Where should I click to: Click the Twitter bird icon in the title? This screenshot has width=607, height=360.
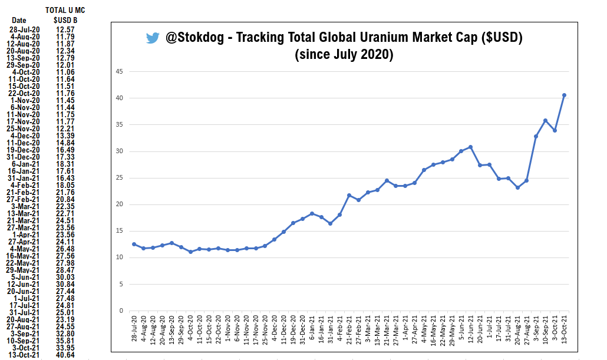[153, 38]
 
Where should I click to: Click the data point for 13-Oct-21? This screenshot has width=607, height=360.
[564, 95]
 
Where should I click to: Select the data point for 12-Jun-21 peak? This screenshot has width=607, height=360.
[470, 147]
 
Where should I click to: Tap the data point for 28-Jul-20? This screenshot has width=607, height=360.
[134, 244]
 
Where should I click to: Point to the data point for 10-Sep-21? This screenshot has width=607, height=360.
[545, 121]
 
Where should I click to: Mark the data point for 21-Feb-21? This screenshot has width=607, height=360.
[349, 195]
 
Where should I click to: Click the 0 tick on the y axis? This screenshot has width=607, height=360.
[121, 311]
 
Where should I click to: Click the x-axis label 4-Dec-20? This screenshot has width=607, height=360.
[274, 331]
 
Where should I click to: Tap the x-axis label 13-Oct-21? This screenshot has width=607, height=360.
[564, 331]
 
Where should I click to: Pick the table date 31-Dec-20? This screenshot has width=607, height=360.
[24, 157]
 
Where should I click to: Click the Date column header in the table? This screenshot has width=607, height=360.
[19, 21]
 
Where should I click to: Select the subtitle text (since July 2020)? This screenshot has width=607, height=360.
[344, 55]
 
